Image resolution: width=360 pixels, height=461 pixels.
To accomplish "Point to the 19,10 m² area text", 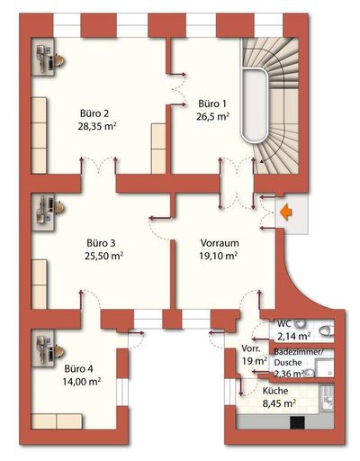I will [x=218, y=256].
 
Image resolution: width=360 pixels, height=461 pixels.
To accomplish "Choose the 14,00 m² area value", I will [x=82, y=382].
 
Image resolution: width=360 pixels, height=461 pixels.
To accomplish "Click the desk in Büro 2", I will [x=48, y=60].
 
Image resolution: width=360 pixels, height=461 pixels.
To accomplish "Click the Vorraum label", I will [x=219, y=242].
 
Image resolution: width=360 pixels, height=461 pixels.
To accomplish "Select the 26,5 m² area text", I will [x=204, y=115].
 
